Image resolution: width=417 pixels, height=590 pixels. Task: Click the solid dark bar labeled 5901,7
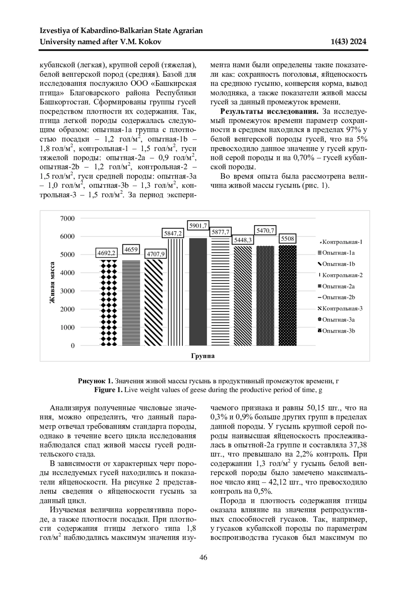(x=198, y=292)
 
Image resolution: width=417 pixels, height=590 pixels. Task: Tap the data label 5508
(x=287, y=239)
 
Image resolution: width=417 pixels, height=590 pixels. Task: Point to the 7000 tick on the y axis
(x=67, y=218)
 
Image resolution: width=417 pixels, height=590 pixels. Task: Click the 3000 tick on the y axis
(x=67, y=291)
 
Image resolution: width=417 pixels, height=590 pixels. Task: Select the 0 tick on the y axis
(x=73, y=346)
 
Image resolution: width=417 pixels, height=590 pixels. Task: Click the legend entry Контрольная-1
(x=342, y=242)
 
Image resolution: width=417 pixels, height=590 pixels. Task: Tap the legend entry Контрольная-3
(x=342, y=309)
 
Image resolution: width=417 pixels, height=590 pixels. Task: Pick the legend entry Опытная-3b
(x=338, y=331)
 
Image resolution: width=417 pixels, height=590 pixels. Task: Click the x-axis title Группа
(x=203, y=356)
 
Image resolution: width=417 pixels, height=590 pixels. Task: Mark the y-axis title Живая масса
(x=52, y=282)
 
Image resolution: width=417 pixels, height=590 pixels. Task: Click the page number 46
(x=203, y=558)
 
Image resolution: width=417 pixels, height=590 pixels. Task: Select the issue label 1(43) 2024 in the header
(x=349, y=42)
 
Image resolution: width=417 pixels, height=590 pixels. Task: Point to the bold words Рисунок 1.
(x=96, y=381)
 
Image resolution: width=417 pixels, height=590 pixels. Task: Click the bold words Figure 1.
(x=108, y=390)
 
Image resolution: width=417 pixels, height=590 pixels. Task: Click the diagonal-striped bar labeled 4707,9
(x=153, y=302)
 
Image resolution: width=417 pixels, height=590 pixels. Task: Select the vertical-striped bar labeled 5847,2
(x=175, y=292)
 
